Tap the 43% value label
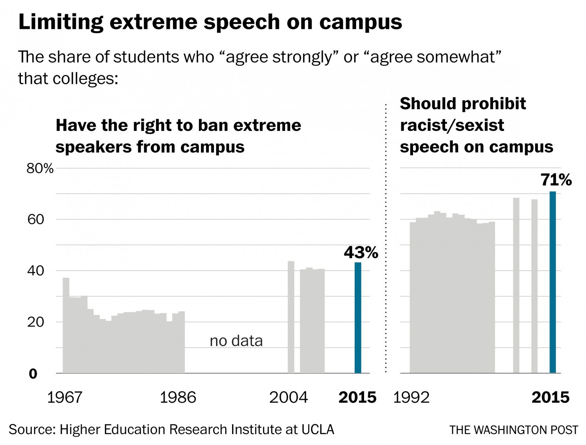[x=361, y=252]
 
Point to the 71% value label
[x=556, y=180]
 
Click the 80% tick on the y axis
[x=40, y=169]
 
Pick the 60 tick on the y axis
[x=36, y=220]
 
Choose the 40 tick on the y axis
[x=36, y=271]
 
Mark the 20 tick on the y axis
[x=36, y=322]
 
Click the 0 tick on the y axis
[x=33, y=373]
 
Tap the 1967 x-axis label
[x=65, y=397]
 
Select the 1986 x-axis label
[x=178, y=397]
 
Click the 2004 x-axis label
[x=288, y=397]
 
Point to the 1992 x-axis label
[x=411, y=397]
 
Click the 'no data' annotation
[x=236, y=341]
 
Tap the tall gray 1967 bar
[x=66, y=325]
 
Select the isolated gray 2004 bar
[x=291, y=317]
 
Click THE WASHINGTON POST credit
[x=514, y=430]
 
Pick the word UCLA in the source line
[x=317, y=430]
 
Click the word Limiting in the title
[x=61, y=22]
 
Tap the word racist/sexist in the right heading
[x=452, y=125]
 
